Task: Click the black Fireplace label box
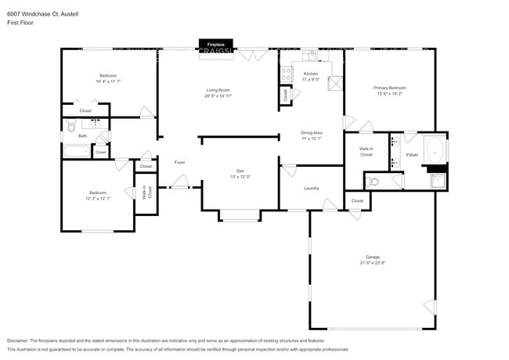coord(215,45)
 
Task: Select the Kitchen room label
coord(311,74)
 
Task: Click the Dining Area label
coord(312,132)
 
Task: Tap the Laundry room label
coord(312,189)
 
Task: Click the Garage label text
coord(372,257)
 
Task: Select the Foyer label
coord(179,162)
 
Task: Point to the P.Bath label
coord(411,156)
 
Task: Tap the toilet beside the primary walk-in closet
coord(374,181)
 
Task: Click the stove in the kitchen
coord(287,75)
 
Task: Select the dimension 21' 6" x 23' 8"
coord(372,263)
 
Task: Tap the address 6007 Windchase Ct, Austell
coord(37,14)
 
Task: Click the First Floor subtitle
coord(20,23)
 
